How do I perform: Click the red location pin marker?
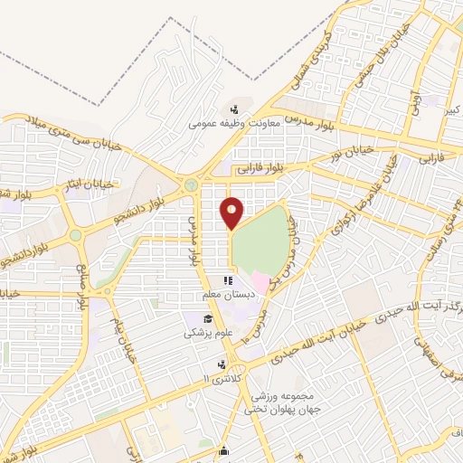pyautogui.click(x=232, y=213)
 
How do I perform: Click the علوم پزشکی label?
pyautogui.click(x=207, y=332)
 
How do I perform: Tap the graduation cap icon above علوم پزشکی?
pyautogui.click(x=207, y=318)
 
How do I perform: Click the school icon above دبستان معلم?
pyautogui.click(x=227, y=281)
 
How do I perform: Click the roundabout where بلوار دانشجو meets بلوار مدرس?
pyautogui.click(x=190, y=185)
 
